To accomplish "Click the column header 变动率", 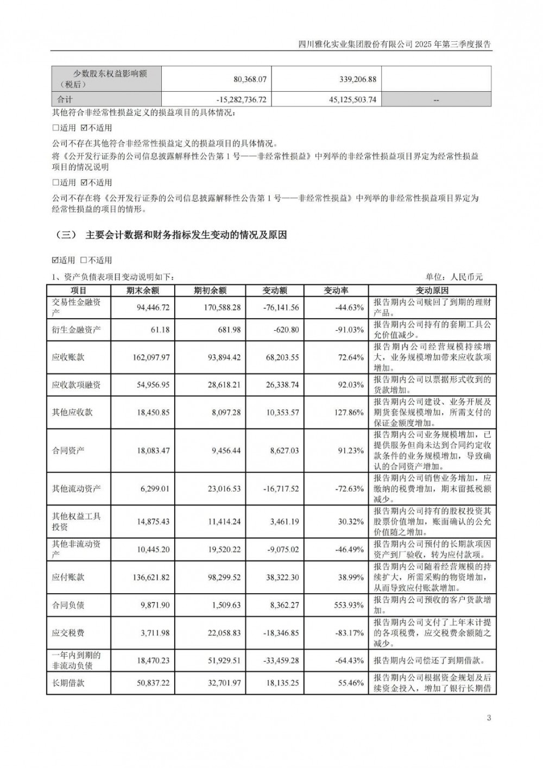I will (x=336, y=291).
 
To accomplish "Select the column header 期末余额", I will (x=142, y=291).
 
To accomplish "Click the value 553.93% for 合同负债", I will (x=348, y=605).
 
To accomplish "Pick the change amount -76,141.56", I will (x=281, y=307).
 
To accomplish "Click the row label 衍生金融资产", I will (x=76, y=330).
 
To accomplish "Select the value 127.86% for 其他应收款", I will (x=348, y=412).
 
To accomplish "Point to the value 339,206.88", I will (x=352, y=79).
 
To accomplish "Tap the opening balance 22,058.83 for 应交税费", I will (x=217, y=633).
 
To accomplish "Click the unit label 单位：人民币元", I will (x=454, y=278).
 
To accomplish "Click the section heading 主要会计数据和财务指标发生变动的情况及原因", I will (x=186, y=235).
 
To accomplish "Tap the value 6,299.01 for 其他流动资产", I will (x=153, y=488).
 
